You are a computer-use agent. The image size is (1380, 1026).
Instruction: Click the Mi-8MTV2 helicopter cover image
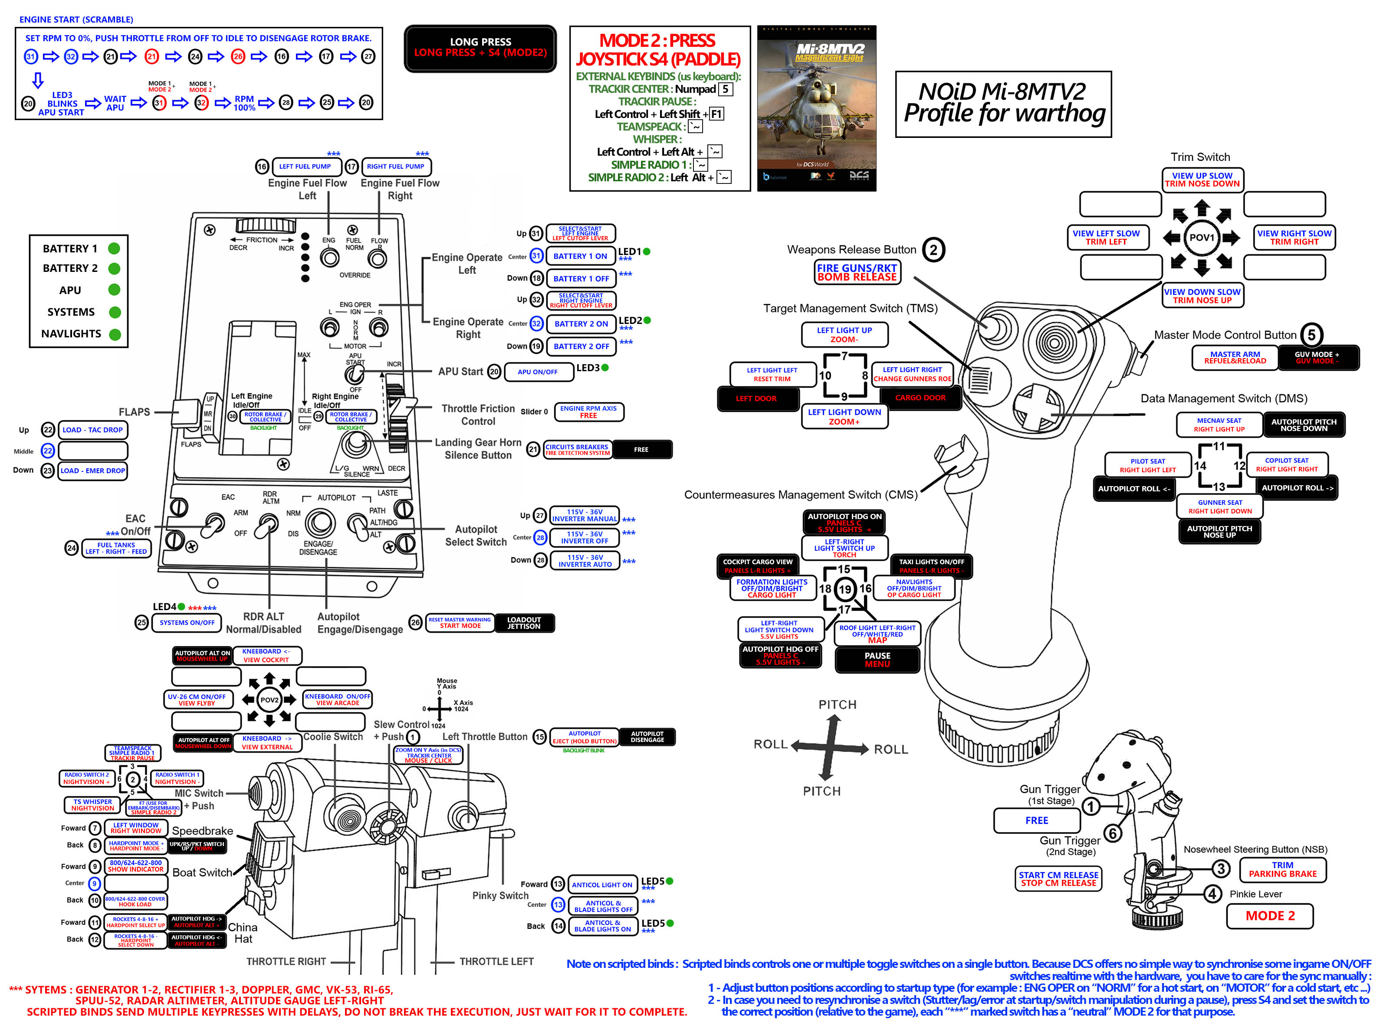(816, 108)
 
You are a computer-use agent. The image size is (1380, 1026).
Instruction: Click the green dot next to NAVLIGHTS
(114, 334)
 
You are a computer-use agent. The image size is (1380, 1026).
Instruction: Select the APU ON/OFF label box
(537, 371)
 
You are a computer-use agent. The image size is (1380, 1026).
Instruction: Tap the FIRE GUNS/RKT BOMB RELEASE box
(857, 272)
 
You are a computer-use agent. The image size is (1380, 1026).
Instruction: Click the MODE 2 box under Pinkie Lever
(1269, 915)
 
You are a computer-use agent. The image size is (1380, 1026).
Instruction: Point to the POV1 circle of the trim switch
(1201, 237)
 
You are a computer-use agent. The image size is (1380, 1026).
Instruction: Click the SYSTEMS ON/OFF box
(187, 622)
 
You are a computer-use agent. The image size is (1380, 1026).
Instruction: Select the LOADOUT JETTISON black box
(524, 623)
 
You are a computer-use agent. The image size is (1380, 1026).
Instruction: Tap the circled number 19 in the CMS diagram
(844, 589)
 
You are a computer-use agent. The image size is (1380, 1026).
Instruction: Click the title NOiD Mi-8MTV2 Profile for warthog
(1003, 103)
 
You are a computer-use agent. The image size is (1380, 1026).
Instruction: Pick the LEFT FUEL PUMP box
(305, 167)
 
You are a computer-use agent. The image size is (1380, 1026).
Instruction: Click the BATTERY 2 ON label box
(581, 323)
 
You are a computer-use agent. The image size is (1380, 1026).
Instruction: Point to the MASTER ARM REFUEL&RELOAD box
(1234, 357)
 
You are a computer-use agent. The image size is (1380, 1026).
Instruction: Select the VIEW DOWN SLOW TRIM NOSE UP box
(1202, 296)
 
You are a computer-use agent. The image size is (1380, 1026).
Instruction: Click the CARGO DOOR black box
(920, 398)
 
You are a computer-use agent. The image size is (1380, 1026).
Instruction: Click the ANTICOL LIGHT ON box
(601, 884)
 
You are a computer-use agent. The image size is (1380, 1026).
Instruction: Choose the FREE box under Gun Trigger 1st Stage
(1036, 820)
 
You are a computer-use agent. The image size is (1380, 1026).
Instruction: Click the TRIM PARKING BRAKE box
(1282, 869)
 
